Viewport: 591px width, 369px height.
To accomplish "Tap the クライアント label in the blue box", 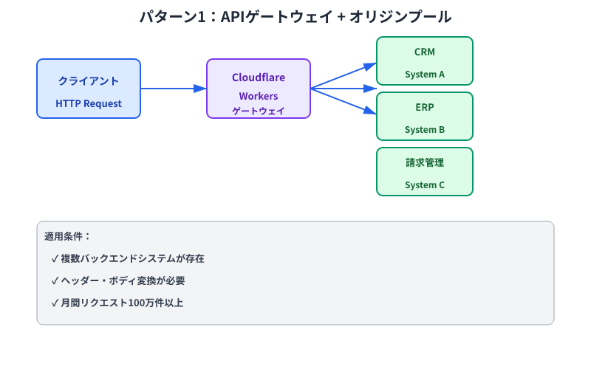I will coord(89,80).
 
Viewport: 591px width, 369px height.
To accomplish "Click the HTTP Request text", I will coord(89,103).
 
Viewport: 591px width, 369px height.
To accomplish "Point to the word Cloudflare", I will coord(259,77).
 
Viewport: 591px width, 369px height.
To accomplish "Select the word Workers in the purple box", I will coord(259,97).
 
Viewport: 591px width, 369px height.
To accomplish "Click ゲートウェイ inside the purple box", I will coord(259,111).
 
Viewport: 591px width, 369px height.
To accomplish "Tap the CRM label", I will coord(425,52).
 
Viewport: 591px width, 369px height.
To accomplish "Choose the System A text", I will coord(425,74).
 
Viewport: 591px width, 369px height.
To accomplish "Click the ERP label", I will coord(425,107).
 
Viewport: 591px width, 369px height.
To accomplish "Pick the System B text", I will coord(425,129).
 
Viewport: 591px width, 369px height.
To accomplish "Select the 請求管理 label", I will coord(425,162).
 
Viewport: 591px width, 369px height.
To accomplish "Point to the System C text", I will coord(425,184).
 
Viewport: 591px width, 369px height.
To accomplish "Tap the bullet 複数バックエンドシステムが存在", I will coord(133,259).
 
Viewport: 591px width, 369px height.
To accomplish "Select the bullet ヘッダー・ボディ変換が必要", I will coord(123,281).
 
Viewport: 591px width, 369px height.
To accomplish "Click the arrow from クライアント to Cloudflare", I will coord(174,89).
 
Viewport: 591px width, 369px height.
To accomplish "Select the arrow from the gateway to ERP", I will coord(344,101).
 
